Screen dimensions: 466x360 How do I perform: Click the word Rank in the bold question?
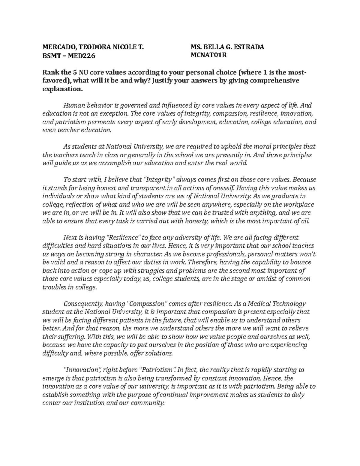pyautogui.click(x=50, y=73)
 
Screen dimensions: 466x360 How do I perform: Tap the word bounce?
pyautogui.click(x=301, y=262)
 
